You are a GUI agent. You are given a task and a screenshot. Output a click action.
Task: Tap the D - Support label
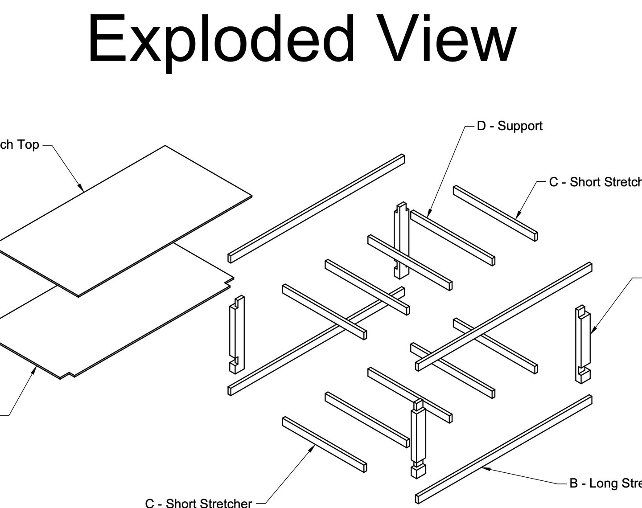click(x=510, y=126)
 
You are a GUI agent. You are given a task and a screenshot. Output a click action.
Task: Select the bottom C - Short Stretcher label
click(x=198, y=503)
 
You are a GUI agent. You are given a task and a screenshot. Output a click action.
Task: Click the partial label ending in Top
click(x=20, y=145)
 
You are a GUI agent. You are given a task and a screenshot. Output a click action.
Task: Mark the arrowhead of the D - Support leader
click(x=429, y=215)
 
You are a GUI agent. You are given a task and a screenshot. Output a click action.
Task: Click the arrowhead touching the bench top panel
click(x=82, y=188)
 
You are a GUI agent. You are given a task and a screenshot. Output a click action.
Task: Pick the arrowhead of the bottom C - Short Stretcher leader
click(x=313, y=447)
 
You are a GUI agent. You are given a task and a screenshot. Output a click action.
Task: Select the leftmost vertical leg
click(x=237, y=334)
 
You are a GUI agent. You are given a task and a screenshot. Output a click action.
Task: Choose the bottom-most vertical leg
click(x=418, y=439)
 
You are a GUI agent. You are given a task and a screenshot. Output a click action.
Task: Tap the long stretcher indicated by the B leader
click(x=504, y=449)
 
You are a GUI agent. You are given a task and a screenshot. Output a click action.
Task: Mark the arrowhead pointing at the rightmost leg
click(x=593, y=331)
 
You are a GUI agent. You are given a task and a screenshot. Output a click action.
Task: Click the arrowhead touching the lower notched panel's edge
click(x=35, y=368)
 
